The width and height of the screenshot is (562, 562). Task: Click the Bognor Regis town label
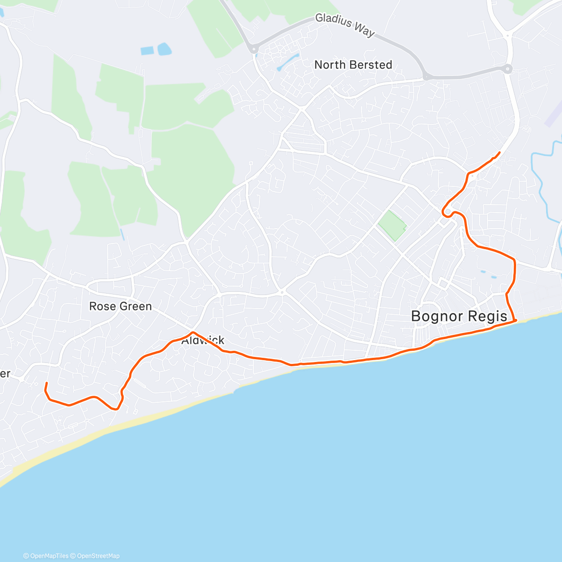pos(459,316)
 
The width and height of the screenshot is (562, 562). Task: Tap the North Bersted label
pos(353,65)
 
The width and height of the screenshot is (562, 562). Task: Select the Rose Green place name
pos(120,306)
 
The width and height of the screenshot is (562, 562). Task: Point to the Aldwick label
pos(203,340)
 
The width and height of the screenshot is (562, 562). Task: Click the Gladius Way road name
pos(345,24)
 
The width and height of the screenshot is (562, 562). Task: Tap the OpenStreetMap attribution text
pos(98,556)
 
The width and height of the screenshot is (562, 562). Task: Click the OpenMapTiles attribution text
pos(49,556)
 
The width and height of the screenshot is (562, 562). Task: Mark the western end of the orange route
pos(46,383)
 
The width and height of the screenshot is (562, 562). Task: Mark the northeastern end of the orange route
pos(500,153)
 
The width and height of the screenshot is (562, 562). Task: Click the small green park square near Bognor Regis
pos(392,226)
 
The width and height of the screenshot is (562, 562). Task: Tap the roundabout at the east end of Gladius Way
pos(509,69)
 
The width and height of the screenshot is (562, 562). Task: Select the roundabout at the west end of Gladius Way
pos(254,48)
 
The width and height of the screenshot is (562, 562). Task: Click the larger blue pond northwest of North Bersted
pos(164,49)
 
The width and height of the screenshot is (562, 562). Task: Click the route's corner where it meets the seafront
pos(515,320)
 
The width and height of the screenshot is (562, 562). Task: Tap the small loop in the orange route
pos(447,212)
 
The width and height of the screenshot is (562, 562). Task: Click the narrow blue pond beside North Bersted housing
pos(288,62)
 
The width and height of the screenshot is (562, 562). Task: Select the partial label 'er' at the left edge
pos(5,374)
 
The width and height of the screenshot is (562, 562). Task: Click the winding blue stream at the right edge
pos(543,178)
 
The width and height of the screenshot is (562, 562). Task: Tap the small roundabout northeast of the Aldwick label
pos(282,292)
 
